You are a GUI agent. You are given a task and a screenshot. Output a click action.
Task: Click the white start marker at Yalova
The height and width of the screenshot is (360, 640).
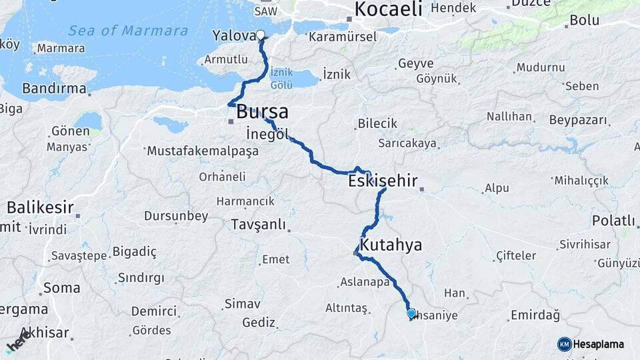coord(260,35)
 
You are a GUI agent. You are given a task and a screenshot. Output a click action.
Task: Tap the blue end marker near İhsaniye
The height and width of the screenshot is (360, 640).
coord(411,313)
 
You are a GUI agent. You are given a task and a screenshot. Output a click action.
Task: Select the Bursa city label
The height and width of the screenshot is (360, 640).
coord(262,111)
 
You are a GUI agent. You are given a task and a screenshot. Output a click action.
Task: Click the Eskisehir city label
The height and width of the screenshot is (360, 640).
coord(383,180)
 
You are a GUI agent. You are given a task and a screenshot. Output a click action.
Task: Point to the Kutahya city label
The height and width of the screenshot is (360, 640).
coord(391,245)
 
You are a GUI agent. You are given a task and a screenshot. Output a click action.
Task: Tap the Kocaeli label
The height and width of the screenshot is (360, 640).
coord(389,9)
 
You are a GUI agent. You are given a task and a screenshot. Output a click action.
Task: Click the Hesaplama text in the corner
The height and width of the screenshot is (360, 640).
coord(599,345)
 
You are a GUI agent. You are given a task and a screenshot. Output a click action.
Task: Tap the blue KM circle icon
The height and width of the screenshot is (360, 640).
coord(564,344)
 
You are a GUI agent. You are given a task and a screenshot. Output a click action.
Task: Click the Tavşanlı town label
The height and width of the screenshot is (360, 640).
coord(258,223)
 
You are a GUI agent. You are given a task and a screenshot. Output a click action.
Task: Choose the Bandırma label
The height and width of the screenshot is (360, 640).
coord(54,88)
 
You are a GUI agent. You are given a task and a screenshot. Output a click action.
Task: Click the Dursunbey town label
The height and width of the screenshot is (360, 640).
coord(176,216)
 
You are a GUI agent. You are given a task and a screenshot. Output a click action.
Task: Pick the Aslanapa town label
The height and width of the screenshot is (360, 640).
coord(364,282)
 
